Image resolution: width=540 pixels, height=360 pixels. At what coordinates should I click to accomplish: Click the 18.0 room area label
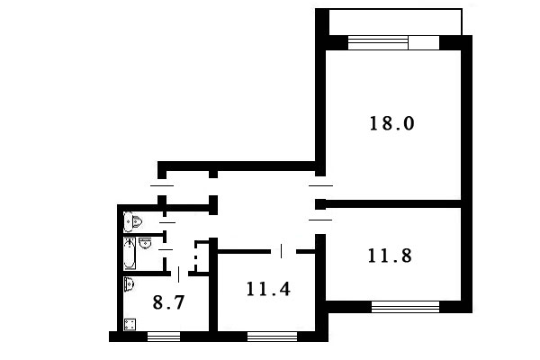(391, 123)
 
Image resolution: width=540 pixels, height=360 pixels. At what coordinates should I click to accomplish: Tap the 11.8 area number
(390, 256)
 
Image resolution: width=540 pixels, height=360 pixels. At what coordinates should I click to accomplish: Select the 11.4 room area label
(268, 289)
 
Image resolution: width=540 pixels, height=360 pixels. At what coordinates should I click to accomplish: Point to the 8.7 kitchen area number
(168, 302)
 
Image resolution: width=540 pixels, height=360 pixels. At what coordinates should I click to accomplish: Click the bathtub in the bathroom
(130, 253)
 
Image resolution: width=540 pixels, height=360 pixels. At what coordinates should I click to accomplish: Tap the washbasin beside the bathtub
(145, 242)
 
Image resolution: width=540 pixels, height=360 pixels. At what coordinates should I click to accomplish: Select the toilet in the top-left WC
(133, 221)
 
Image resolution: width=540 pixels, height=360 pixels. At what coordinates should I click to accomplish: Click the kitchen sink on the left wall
(129, 284)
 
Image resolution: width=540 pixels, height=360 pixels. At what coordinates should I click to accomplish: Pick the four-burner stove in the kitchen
(130, 325)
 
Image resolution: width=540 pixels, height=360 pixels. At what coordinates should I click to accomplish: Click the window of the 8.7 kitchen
(164, 337)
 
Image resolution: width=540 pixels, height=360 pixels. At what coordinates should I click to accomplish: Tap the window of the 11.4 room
(273, 337)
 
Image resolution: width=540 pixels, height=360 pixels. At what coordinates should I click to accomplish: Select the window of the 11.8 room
(405, 307)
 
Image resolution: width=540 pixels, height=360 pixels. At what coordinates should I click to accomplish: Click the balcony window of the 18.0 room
(393, 43)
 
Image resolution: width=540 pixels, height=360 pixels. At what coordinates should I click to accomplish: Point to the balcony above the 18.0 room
(395, 22)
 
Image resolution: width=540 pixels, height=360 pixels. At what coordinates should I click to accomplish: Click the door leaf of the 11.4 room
(282, 251)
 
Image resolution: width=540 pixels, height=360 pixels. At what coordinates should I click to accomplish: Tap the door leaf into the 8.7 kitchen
(178, 274)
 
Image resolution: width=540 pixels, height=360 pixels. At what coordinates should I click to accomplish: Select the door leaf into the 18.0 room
(321, 185)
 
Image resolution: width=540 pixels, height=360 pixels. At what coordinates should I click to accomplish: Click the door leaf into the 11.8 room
(320, 220)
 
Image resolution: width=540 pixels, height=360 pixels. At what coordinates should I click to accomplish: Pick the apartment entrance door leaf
(162, 185)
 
